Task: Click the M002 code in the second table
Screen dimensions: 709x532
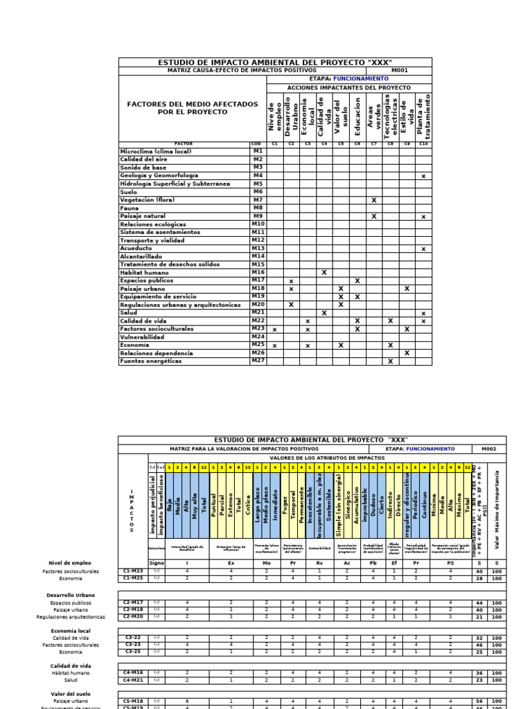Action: [490, 449]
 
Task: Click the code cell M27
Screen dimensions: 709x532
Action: [258, 361]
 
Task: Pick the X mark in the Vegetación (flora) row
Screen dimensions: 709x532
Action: [374, 200]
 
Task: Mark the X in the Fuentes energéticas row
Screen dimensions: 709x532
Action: [391, 361]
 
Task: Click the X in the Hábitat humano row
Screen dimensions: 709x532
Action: [324, 272]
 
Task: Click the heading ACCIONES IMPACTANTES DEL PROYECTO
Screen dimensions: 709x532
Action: [348, 88]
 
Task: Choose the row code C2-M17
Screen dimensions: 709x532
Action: [132, 603]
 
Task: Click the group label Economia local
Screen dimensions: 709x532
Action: [71, 631]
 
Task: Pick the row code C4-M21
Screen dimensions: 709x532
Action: [132, 680]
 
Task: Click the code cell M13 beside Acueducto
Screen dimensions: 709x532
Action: [258, 248]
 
